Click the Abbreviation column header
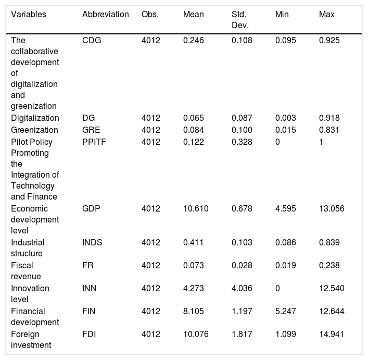[105, 15]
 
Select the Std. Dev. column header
[240, 20]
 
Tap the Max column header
[326, 15]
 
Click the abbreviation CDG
[92, 41]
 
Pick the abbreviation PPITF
[94, 142]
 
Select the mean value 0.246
[194, 41]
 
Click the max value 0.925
[329, 41]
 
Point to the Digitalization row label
[35, 118]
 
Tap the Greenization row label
[34, 130]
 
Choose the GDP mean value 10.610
[196, 208]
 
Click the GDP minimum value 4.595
[285, 208]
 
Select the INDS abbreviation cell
[92, 242]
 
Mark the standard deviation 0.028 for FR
[242, 265]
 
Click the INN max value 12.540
[332, 288]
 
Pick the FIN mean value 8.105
[194, 311]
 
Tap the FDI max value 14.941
[332, 334]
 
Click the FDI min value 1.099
[285, 334]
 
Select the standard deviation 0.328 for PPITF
[242, 142]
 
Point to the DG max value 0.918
[329, 118]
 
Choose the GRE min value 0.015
[285, 130]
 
